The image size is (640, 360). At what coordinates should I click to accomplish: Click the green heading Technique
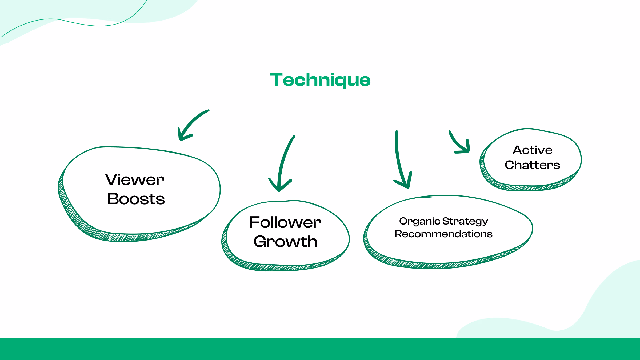(x=320, y=80)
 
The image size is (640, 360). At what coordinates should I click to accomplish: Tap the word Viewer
(x=135, y=180)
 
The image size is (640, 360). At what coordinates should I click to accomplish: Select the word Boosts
(x=136, y=199)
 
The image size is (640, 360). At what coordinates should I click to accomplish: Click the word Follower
(x=285, y=222)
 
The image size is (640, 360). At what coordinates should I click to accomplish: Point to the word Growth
(x=285, y=242)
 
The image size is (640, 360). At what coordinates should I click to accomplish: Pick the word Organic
(x=419, y=221)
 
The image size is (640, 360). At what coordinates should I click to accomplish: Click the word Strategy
(x=465, y=221)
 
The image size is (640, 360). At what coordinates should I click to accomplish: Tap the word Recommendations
(x=443, y=234)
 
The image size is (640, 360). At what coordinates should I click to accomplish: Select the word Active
(x=533, y=150)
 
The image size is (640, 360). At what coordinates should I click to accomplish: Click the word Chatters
(x=532, y=165)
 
